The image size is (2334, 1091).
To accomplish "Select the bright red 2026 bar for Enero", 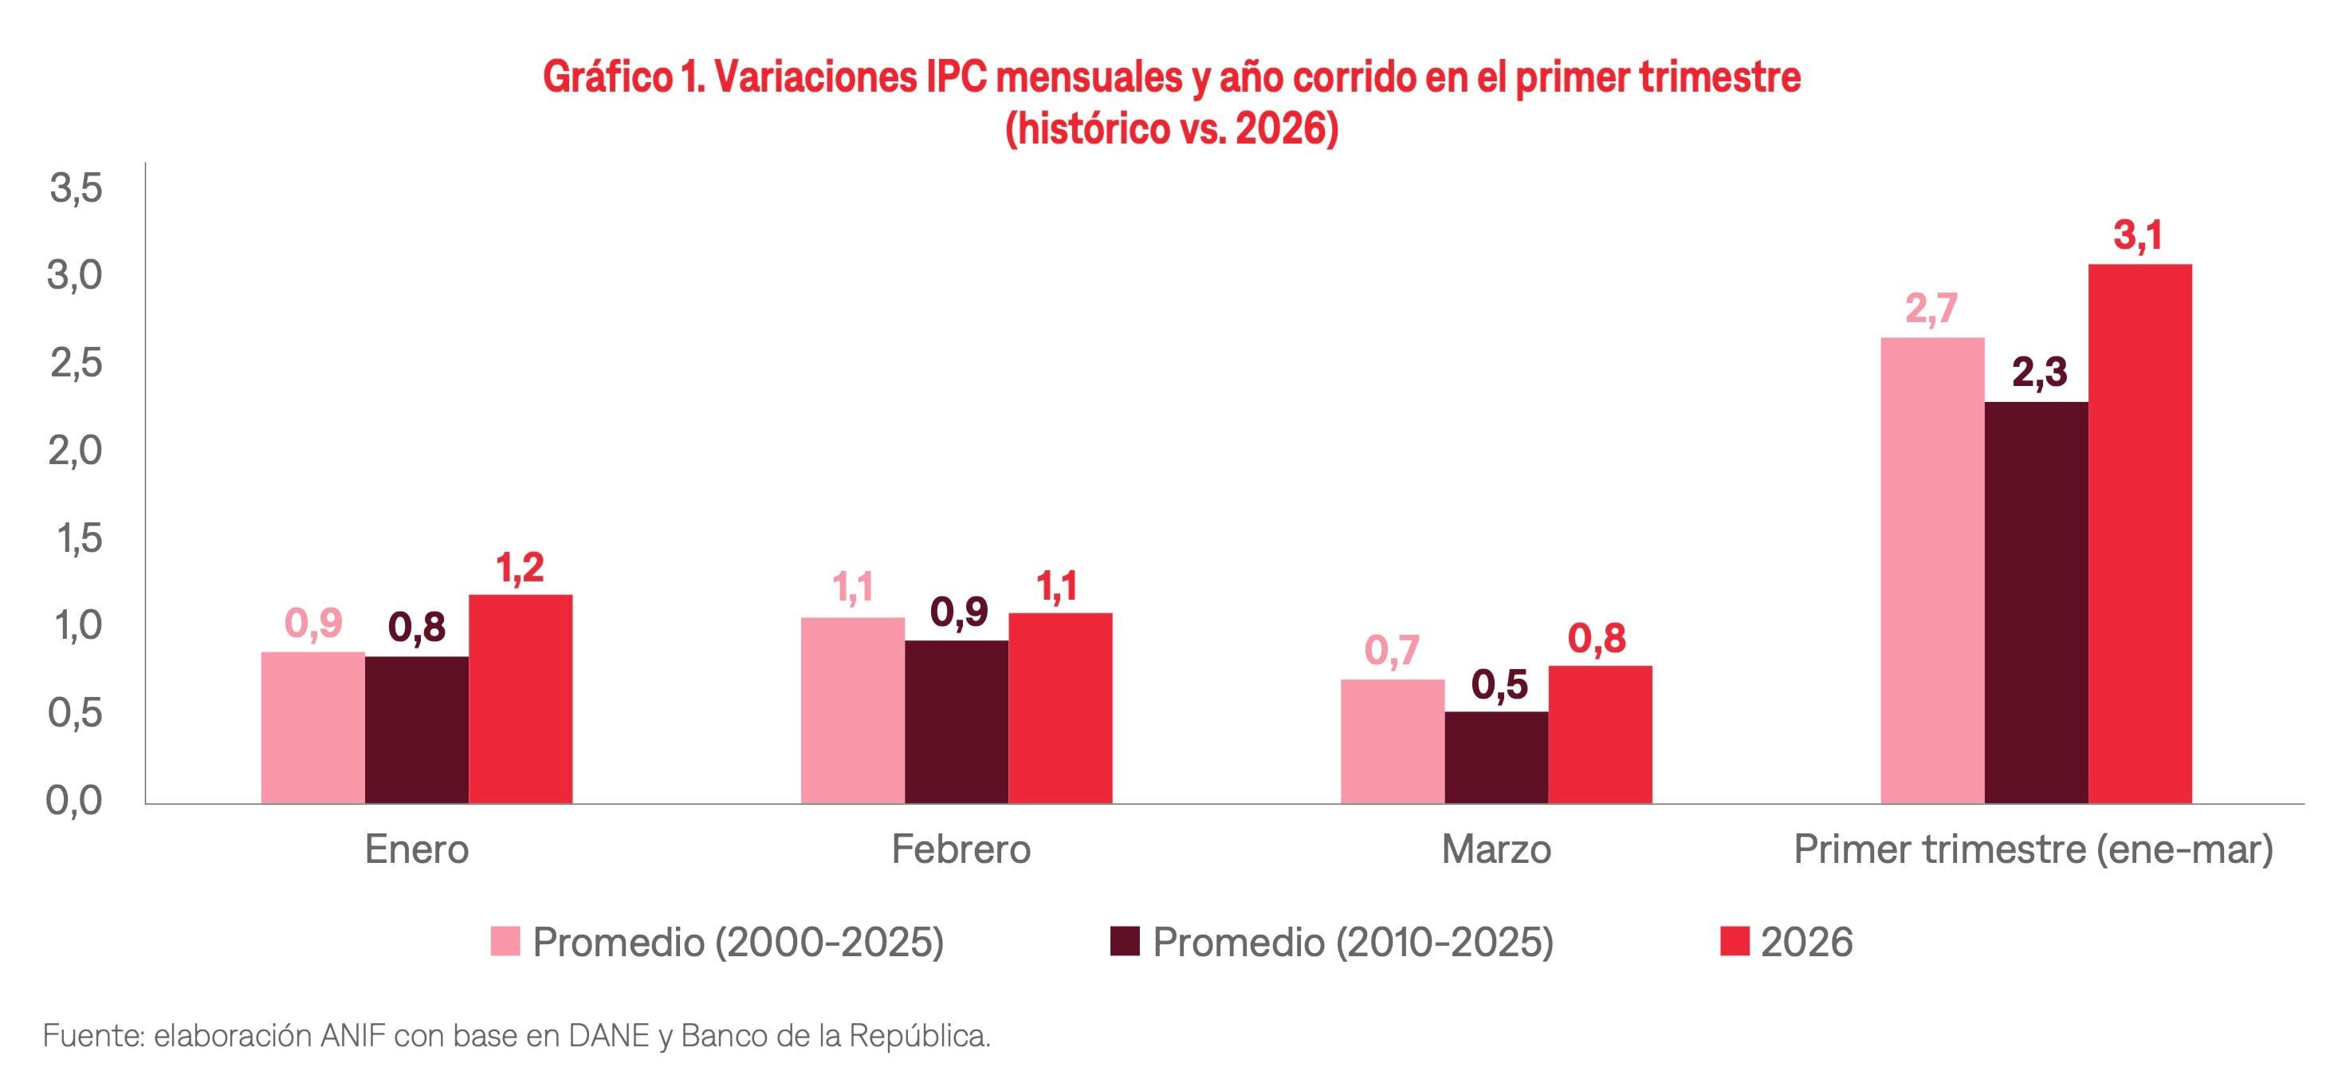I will coord(520,699).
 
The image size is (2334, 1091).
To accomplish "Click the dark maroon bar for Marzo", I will coord(1496,758).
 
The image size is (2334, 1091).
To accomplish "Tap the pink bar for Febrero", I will coord(853,711).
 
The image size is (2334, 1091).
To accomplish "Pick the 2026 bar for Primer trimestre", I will coord(2139,534).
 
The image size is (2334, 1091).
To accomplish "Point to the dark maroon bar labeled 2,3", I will coord(2036,603).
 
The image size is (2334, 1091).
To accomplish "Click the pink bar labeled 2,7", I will coord(1931,571).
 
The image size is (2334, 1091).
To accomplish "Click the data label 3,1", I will coord(2137,235).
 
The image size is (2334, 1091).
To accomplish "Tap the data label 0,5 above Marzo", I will coord(1499,685).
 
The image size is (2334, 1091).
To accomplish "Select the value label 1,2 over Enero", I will coord(519,568).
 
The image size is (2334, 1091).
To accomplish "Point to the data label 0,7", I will coord(1391,651).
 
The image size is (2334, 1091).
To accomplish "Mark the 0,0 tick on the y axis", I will coord(74,801).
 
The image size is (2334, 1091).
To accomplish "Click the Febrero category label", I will coord(961,850).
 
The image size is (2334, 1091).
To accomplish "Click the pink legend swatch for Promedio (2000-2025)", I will coord(505,942).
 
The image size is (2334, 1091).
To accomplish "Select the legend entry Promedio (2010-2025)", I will coord(1352,943).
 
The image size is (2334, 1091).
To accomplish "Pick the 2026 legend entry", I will coord(1805,943).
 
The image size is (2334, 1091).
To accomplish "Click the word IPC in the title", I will coord(956,78).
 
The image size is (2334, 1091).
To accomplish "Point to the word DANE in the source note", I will coord(608,1036).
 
